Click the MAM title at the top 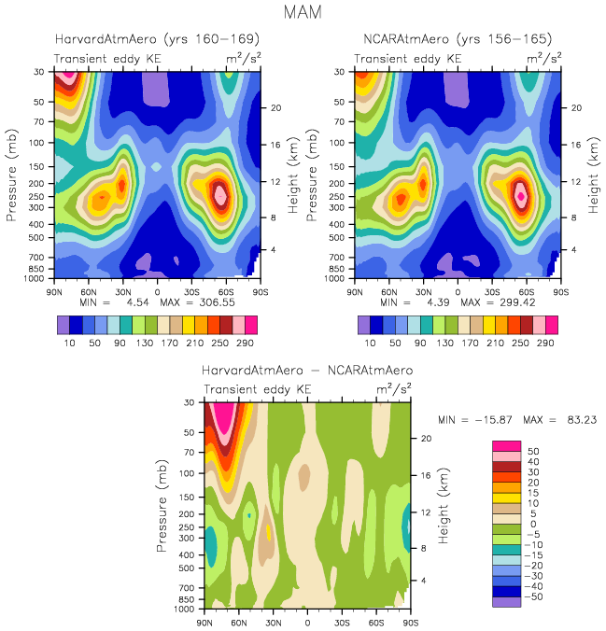point(303,14)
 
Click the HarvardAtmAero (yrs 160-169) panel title point(157,40)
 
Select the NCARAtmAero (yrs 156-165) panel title point(458,40)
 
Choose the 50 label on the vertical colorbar point(533,450)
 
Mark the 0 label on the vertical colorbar point(533,523)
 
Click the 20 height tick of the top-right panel point(577,107)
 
